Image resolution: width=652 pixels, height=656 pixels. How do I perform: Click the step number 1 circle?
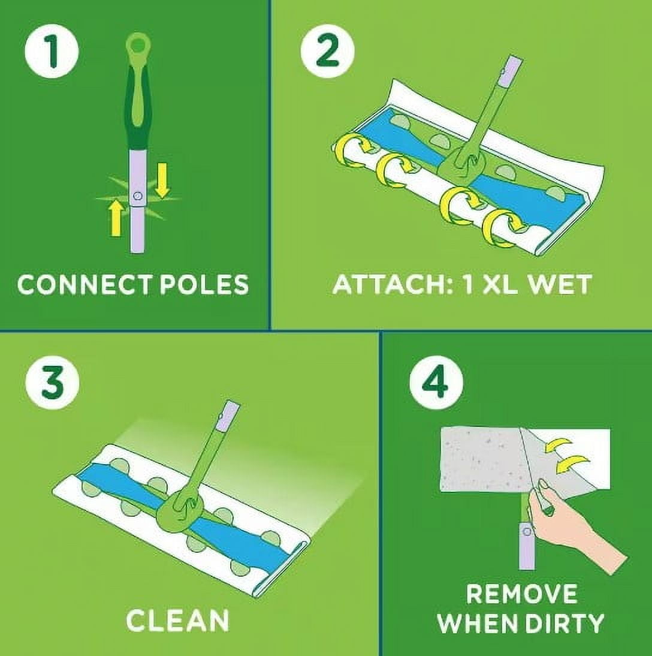52,52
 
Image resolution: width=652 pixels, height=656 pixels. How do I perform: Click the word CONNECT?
84,284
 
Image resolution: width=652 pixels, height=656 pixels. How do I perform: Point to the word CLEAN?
178,621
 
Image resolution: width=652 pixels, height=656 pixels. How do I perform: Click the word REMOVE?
521,594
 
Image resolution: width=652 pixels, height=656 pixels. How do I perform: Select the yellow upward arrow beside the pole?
116,218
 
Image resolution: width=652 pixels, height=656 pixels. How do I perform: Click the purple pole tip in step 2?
513,68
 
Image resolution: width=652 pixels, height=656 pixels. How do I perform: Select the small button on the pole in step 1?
138,196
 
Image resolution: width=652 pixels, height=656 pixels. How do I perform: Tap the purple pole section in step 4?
527,544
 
